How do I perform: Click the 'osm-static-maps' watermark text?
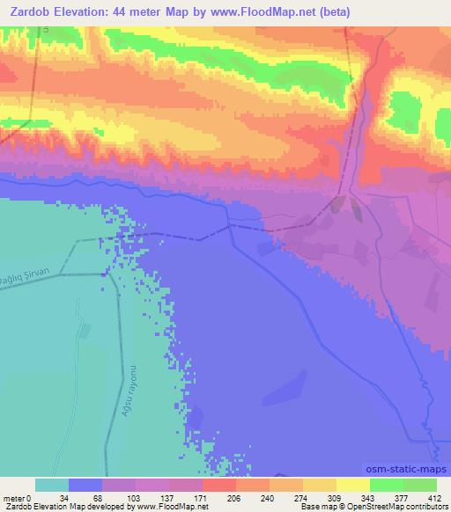pos(406,469)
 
